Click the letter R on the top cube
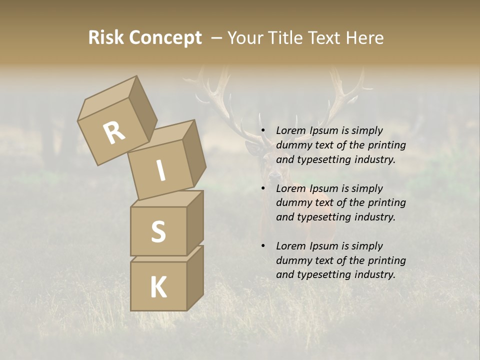click(x=114, y=132)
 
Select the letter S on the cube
click(x=158, y=231)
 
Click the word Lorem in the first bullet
click(x=290, y=131)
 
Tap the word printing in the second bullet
click(x=386, y=203)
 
